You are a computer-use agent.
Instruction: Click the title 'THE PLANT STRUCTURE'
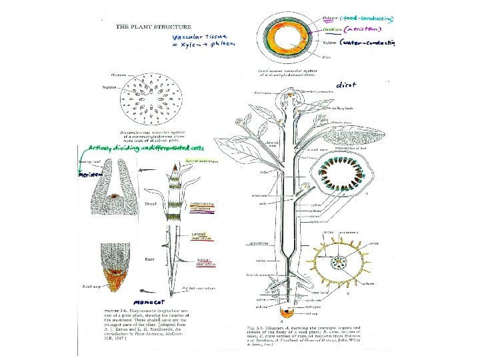[x=149, y=27]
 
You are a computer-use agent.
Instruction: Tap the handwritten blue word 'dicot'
[x=347, y=85]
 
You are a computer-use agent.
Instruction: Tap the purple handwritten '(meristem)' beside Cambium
[x=364, y=30]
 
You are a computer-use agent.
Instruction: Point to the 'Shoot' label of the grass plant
[x=151, y=203]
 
